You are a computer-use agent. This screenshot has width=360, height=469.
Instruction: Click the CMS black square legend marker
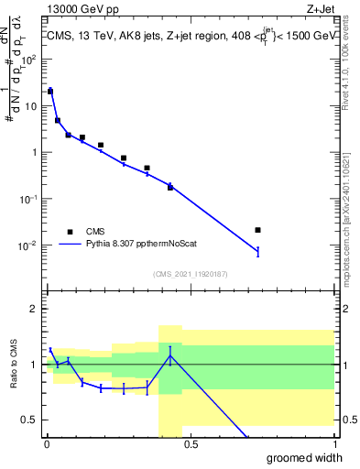coord(69,232)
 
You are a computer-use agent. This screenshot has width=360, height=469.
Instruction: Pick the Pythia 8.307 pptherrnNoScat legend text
coord(143,245)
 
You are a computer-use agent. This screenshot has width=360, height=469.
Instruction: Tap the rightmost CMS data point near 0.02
coord(257,230)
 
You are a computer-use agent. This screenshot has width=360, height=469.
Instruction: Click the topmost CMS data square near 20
coord(50,92)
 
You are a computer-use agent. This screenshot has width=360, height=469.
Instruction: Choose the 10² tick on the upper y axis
coord(29,60)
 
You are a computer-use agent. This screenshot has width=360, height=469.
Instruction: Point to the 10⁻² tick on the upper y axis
coord(29,245)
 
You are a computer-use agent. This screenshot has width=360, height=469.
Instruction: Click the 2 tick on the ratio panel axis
coord(36,309)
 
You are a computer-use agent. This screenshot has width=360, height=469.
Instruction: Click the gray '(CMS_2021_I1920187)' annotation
coord(190,272)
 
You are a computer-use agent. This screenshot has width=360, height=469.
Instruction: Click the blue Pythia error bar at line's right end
coord(257,251)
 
